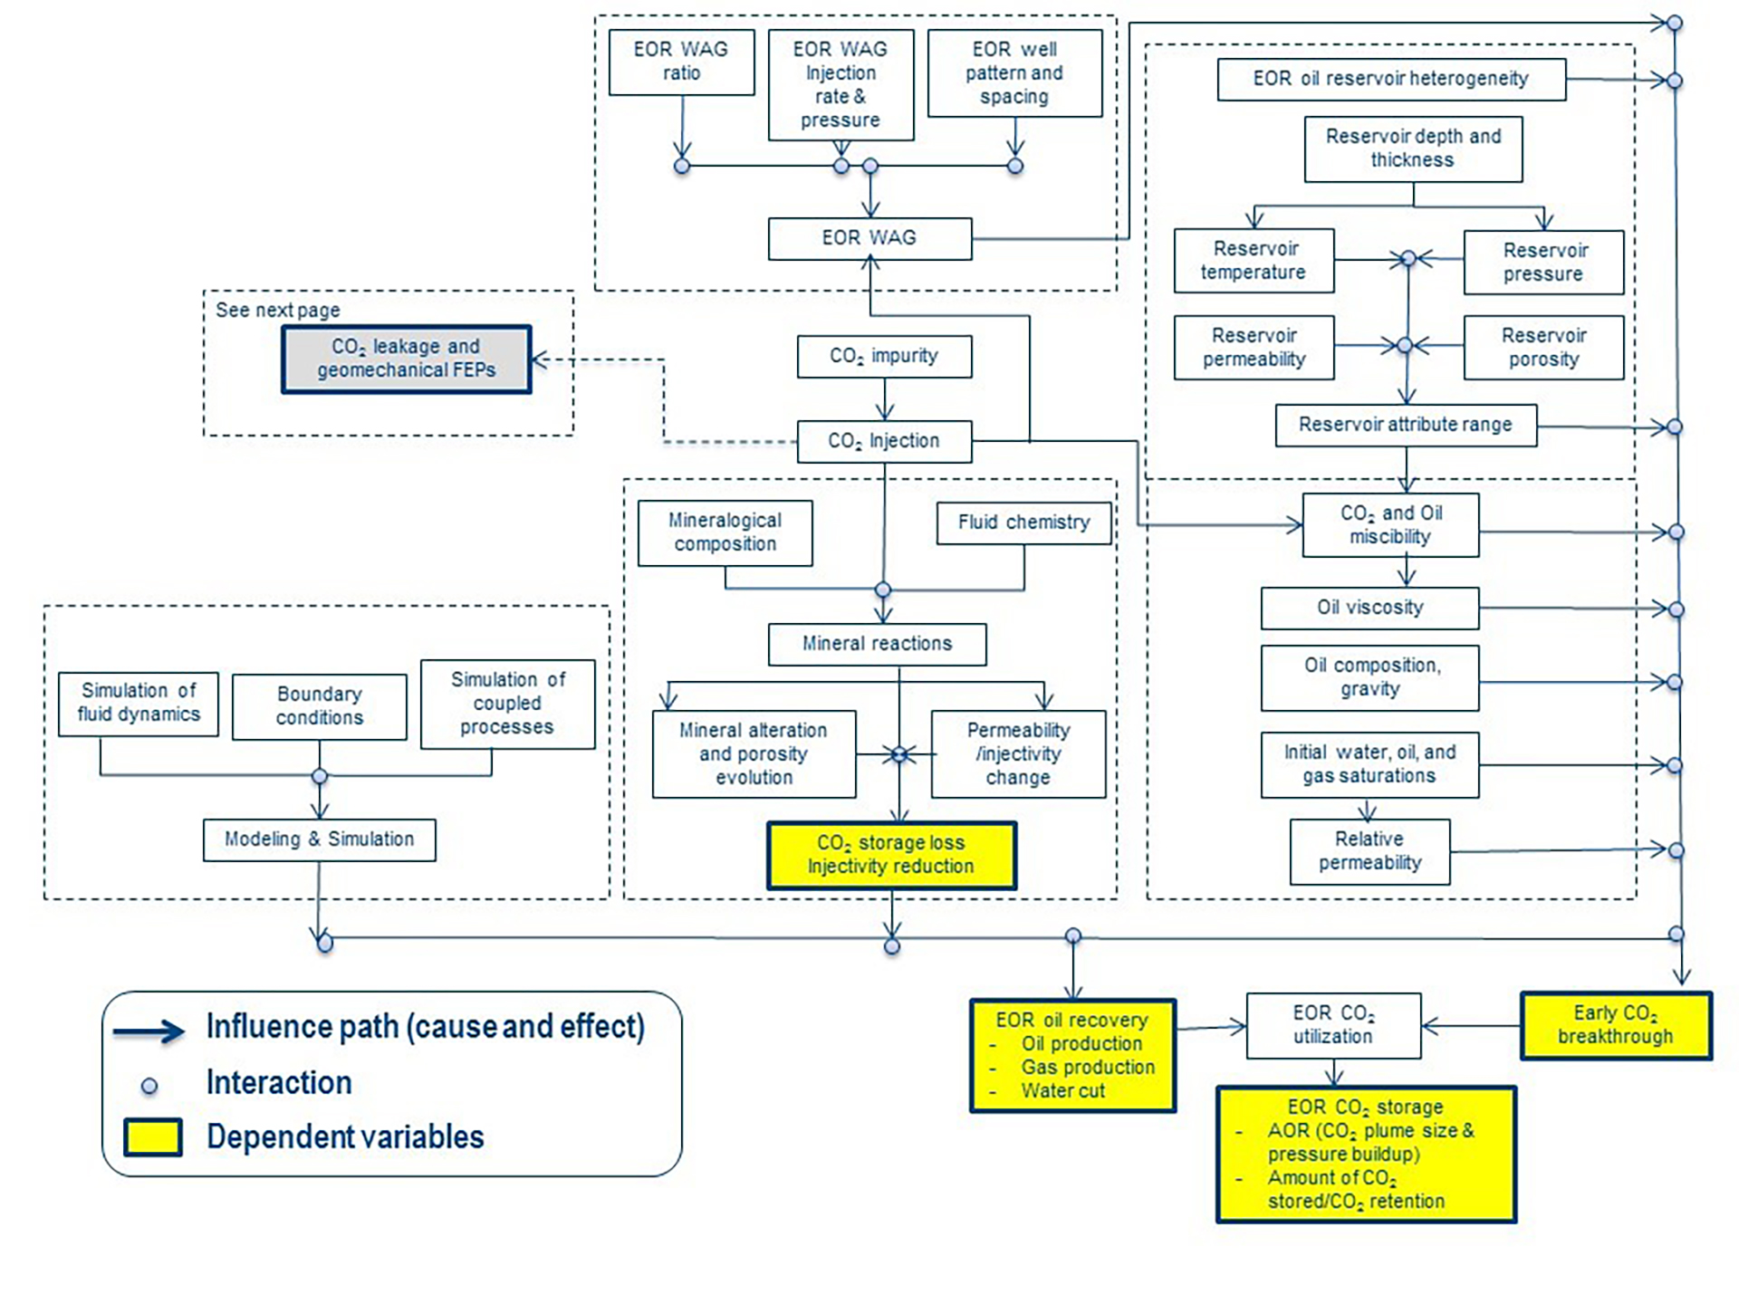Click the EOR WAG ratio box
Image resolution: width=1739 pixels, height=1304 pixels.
point(681,62)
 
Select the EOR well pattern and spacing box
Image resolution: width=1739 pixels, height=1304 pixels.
point(1014,72)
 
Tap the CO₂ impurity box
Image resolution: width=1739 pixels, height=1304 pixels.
point(884,356)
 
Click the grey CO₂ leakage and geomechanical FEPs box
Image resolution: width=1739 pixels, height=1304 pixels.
point(406,359)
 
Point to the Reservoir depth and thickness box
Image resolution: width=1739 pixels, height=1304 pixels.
point(1413,149)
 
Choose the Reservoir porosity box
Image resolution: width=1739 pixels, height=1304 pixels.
point(1543,347)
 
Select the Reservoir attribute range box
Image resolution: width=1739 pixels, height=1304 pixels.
point(1406,425)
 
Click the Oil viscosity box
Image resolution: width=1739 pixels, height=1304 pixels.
point(1369,608)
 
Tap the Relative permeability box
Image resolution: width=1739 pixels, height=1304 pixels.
point(1369,851)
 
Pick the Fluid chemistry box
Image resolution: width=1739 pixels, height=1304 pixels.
point(1023,523)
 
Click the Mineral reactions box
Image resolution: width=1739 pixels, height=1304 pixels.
point(877,644)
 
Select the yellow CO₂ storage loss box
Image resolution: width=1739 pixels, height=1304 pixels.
point(891,855)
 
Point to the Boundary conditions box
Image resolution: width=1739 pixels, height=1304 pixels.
point(319,706)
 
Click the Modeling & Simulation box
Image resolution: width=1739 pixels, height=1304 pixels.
point(319,839)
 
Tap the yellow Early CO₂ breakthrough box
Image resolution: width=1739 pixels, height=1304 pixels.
point(1616,1025)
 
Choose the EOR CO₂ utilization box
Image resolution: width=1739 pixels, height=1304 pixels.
point(1333,1025)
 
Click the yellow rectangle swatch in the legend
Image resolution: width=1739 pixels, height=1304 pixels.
point(153,1137)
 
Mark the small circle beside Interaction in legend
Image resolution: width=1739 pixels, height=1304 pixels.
point(149,1086)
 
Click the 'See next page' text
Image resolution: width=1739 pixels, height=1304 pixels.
point(277,311)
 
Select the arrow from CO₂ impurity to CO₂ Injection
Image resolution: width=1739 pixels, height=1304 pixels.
point(885,398)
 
